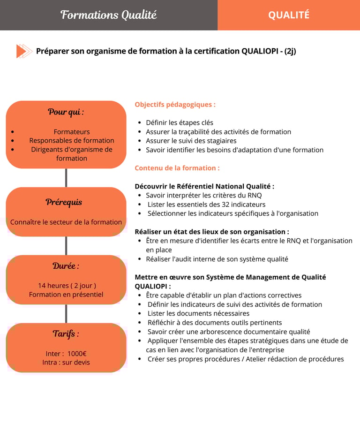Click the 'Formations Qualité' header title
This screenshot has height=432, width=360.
(x=108, y=15)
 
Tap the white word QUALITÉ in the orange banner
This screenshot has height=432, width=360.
(x=288, y=15)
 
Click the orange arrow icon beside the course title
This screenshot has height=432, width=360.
(x=24, y=51)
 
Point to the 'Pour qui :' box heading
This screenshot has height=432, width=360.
(x=66, y=112)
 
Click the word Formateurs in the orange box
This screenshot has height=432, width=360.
(x=72, y=132)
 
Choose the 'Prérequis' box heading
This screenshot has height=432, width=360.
(x=64, y=202)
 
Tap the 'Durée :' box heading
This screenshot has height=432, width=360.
(x=66, y=266)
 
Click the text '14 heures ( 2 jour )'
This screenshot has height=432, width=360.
(x=67, y=286)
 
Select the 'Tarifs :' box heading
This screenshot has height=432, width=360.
(x=66, y=334)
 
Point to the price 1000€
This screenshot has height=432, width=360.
(x=77, y=354)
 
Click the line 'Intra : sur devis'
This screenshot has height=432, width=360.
(x=66, y=363)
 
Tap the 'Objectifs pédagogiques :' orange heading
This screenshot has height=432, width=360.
(x=175, y=105)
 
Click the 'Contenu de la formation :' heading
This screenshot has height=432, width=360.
(x=177, y=168)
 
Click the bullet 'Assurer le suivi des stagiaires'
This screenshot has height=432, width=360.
(x=191, y=141)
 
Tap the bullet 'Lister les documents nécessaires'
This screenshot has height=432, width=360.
(x=198, y=313)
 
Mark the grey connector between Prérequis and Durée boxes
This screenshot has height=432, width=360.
(x=66, y=246)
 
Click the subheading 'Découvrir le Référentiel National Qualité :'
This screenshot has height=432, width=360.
(x=204, y=186)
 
